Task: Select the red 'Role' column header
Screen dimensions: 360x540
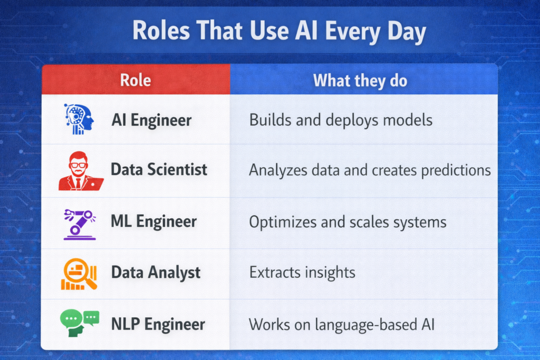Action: coord(136,80)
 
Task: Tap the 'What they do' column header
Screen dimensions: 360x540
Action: coord(360,80)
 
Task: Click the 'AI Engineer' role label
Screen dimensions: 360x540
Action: coord(151,120)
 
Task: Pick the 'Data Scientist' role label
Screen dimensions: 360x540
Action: coord(159,170)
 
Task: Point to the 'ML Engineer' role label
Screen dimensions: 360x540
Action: coord(154,221)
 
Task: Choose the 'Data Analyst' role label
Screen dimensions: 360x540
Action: coord(156,273)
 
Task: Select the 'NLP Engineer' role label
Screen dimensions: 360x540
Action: coord(158,324)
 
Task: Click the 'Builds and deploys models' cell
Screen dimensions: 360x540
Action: coord(341,120)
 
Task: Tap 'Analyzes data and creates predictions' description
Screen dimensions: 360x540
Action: coord(370,170)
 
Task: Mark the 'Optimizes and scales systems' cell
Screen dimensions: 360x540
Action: coord(348,221)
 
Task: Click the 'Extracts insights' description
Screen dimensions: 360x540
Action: coord(302,273)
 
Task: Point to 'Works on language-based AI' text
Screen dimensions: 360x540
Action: coord(342,324)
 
